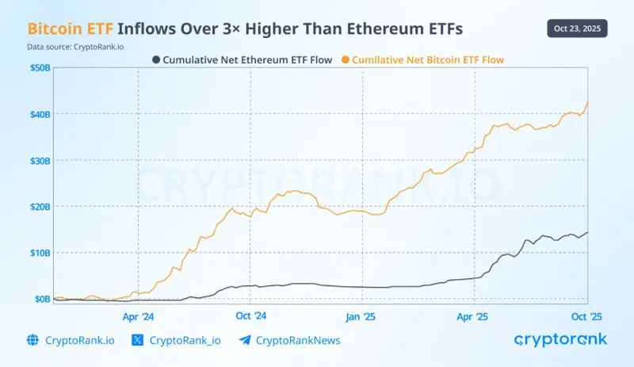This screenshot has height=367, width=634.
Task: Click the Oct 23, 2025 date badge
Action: (x=576, y=29)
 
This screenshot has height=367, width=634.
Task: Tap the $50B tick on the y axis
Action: (x=40, y=69)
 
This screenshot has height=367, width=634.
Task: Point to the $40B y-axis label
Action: (x=40, y=115)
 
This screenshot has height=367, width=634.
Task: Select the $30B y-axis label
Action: (x=40, y=161)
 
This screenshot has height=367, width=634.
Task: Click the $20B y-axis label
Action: (x=40, y=207)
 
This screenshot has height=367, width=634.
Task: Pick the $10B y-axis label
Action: (x=40, y=253)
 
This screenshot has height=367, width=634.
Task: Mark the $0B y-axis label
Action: (x=41, y=299)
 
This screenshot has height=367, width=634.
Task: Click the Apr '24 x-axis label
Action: (x=138, y=315)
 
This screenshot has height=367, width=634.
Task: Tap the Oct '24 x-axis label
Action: (x=250, y=315)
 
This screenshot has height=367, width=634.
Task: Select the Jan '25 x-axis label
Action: (x=362, y=315)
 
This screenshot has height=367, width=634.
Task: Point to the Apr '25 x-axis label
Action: (x=474, y=315)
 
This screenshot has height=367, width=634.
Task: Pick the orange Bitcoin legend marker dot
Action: (x=346, y=59)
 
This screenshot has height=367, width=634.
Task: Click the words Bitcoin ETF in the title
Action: (x=70, y=29)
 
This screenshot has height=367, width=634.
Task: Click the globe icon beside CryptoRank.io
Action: (x=32, y=340)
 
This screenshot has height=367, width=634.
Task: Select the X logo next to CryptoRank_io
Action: (x=137, y=340)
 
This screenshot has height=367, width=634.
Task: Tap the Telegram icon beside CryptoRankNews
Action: (x=245, y=340)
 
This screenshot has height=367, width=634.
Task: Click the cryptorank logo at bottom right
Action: (x=560, y=339)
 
